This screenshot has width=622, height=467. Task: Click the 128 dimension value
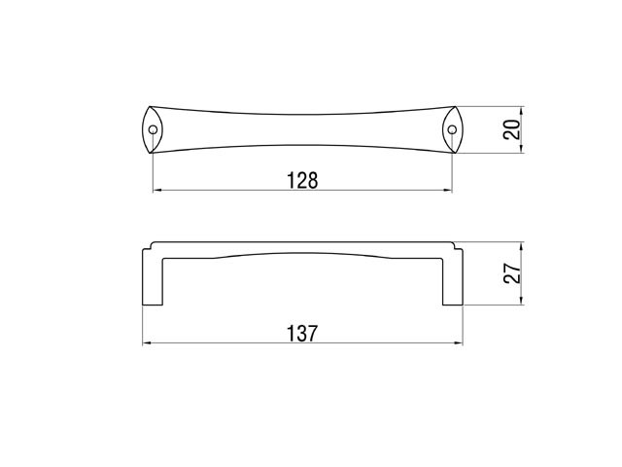pos(302,180)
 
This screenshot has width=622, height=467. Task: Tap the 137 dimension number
pos(302,333)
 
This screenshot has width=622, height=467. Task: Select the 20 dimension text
pos(512,129)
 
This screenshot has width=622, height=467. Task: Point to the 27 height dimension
pos(512,272)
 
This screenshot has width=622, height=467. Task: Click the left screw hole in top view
pos(153,129)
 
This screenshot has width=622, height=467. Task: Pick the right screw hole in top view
pos(452,129)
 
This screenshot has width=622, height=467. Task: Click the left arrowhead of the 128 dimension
pos(157,191)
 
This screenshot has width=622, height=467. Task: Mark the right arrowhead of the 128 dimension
pos(447,191)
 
